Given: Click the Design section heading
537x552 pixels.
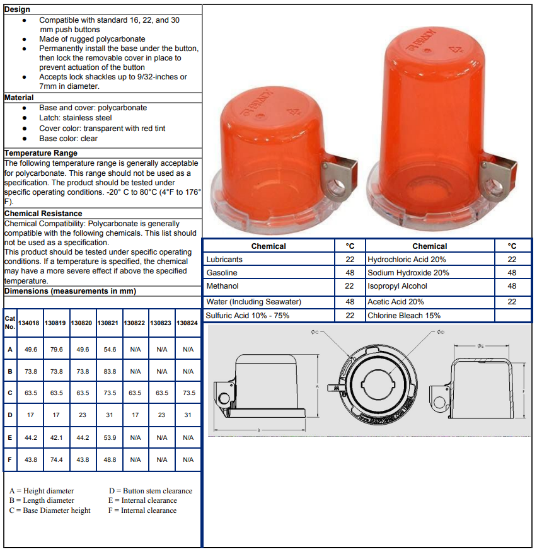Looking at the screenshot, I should point(17,9).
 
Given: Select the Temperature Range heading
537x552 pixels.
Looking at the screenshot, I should point(41,153).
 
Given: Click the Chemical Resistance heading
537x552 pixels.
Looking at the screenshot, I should point(43,214).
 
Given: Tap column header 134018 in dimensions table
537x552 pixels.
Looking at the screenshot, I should point(29,323).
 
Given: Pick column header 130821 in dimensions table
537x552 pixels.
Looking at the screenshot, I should point(108,323).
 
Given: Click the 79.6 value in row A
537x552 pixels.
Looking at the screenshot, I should point(56,349).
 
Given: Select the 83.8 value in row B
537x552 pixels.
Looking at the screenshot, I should point(109,371).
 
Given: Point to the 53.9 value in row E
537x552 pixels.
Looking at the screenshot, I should point(109,437).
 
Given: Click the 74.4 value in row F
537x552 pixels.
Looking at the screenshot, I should point(56,459).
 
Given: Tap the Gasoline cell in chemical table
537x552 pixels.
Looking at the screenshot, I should point(222,273).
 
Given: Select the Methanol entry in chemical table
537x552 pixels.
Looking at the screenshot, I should point(222,286).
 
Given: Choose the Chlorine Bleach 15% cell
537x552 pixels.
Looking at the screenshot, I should point(404,316).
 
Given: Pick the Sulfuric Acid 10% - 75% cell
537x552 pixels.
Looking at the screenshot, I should point(248,316).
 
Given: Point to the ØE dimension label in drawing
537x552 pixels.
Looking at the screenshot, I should point(481,346).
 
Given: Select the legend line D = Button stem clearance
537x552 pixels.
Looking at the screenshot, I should point(151,491).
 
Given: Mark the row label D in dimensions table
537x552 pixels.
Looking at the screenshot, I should point(10,415).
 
